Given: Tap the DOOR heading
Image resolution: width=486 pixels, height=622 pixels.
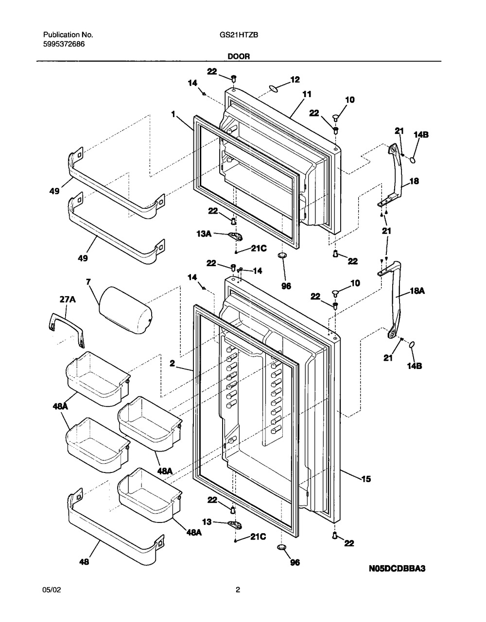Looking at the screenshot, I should (x=239, y=56).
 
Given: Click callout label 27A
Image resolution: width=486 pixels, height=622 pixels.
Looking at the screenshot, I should (x=69, y=301).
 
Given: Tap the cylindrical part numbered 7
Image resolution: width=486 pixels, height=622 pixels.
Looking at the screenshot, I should (x=125, y=309).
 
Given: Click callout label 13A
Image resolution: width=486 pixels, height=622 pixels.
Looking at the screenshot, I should (x=205, y=234).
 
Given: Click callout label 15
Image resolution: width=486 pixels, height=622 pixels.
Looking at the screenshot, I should (x=365, y=479).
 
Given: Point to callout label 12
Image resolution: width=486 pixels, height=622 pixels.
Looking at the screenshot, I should (x=295, y=79).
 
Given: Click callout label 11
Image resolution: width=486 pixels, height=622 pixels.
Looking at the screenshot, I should (x=307, y=95).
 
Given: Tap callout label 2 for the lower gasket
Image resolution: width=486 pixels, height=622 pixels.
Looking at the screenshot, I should (x=172, y=362).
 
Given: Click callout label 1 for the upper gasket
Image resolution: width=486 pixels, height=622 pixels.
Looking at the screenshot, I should (x=173, y=115).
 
